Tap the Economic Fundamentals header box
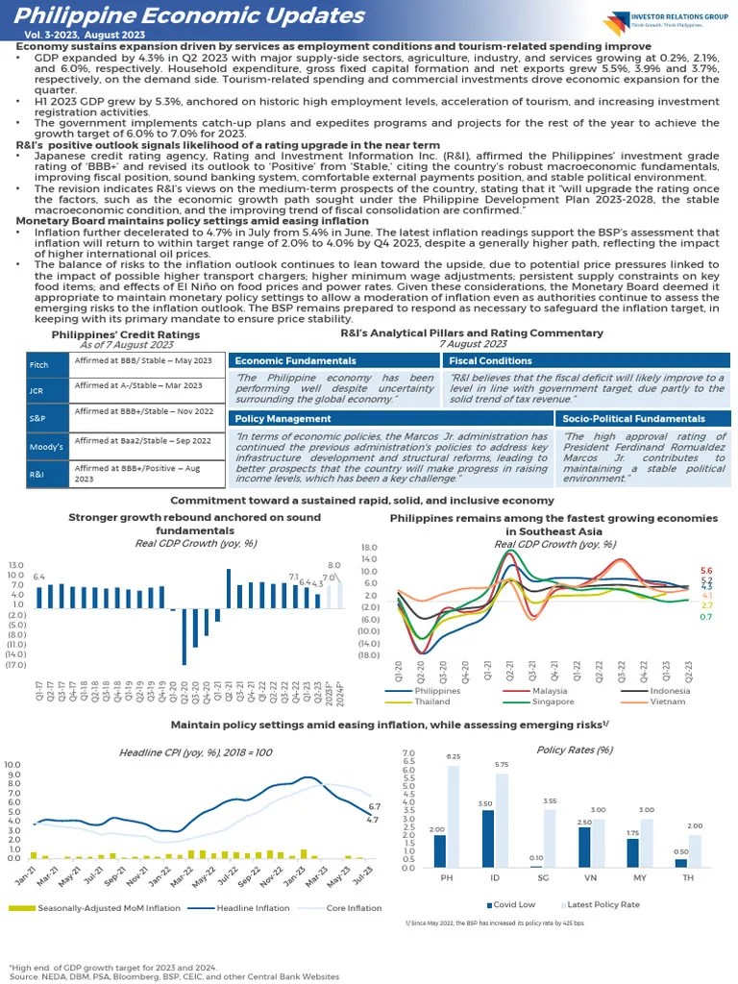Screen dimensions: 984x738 click(333, 360)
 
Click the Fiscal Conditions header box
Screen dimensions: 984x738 click(586, 360)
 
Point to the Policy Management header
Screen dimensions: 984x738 click(391, 419)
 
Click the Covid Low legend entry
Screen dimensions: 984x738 click(514, 904)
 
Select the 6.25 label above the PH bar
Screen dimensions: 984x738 click(453, 757)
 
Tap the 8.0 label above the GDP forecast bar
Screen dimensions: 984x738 click(334, 566)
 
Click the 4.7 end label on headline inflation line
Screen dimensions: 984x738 click(373, 820)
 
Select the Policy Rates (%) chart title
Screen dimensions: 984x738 click(575, 750)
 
